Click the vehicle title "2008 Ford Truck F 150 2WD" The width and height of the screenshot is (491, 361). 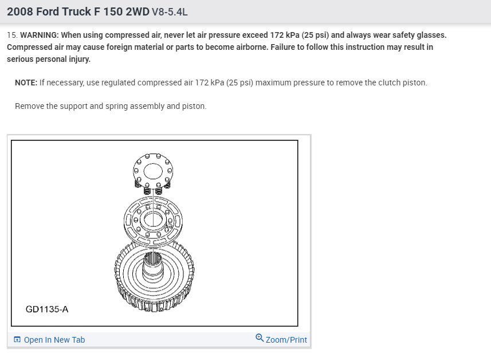click(78, 11)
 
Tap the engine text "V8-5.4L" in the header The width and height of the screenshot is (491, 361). click(170, 12)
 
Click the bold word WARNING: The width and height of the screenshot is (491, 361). click(40, 35)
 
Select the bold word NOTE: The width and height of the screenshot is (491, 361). click(26, 83)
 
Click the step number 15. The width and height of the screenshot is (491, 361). click(12, 35)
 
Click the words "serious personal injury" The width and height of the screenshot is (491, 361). click(49, 59)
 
